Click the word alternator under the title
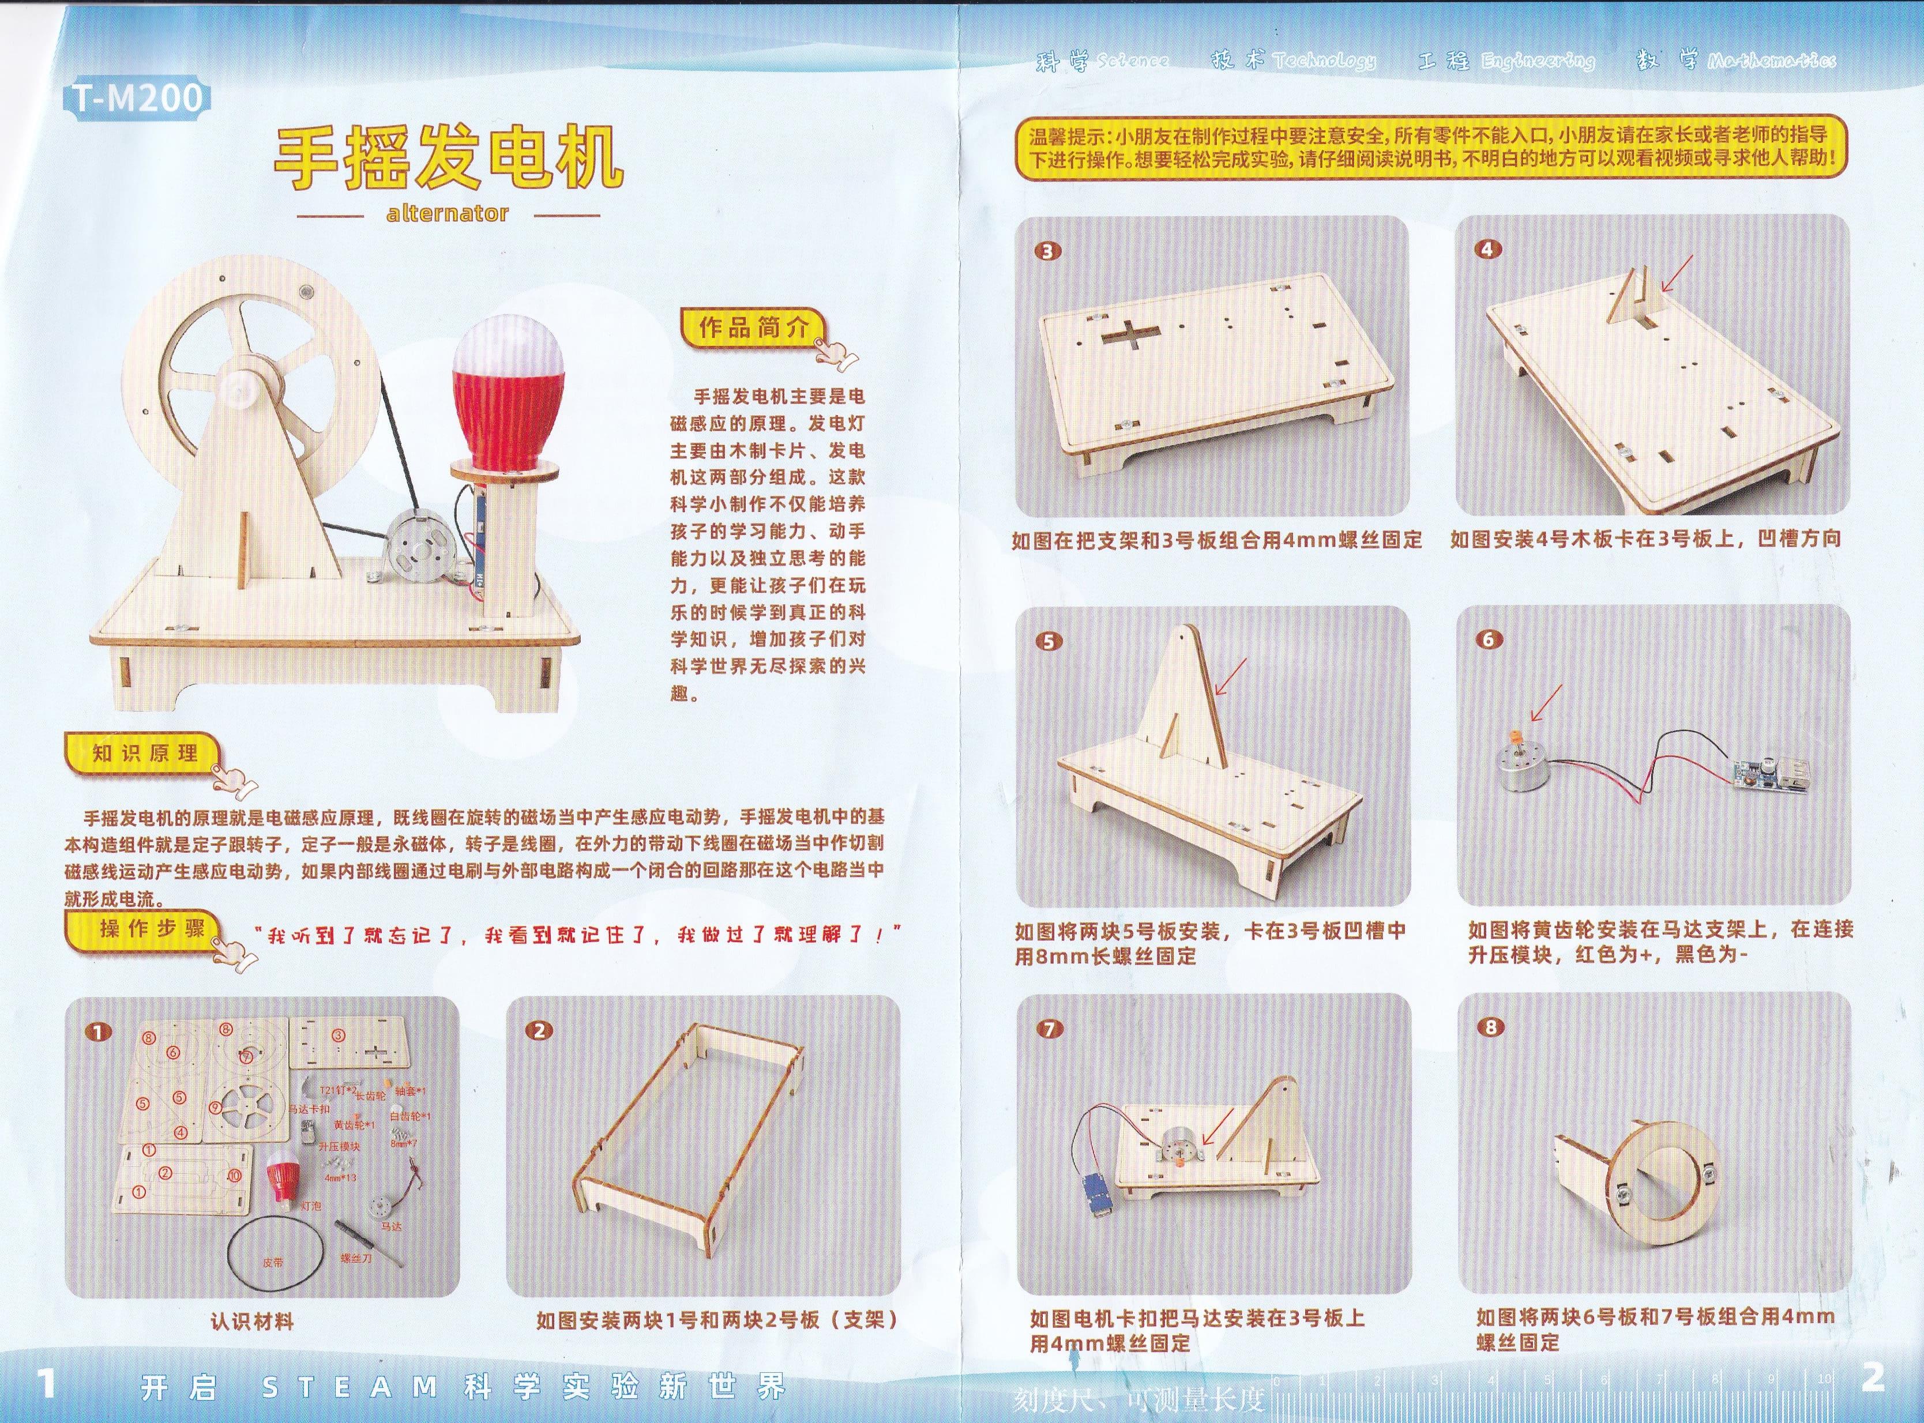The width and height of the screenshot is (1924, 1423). (447, 213)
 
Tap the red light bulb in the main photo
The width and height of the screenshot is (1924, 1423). (508, 387)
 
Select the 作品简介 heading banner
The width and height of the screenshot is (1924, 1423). (754, 327)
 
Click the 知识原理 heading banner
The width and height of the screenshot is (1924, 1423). (145, 753)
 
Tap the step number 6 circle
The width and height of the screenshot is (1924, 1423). (1488, 639)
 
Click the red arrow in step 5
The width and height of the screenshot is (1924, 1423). (1230, 676)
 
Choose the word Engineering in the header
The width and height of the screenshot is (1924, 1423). (1538, 61)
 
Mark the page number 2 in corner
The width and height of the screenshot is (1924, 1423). (1872, 1377)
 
